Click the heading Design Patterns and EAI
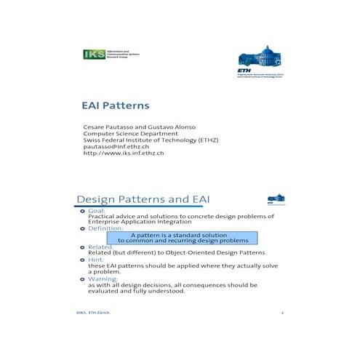(x=143, y=199)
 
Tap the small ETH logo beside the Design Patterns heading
(x=276, y=198)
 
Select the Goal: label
(x=97, y=211)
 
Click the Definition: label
(x=106, y=228)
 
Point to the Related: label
(x=101, y=247)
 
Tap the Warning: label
(x=103, y=279)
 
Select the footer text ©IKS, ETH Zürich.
(x=94, y=313)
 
